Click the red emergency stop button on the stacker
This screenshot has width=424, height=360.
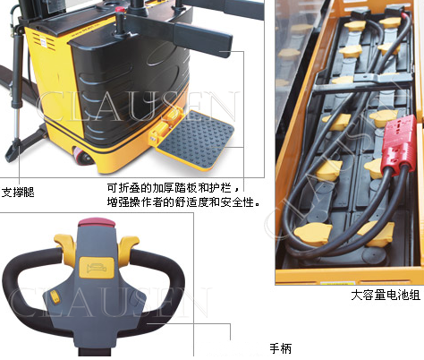(x=121, y=9)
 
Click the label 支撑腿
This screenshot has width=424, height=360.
(x=18, y=193)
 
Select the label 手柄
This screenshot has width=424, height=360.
(x=280, y=348)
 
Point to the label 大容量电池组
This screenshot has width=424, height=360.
(x=386, y=295)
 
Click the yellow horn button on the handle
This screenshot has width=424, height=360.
(x=97, y=268)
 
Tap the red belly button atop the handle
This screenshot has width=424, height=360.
(x=97, y=223)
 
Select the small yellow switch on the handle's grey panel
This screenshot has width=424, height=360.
(x=54, y=296)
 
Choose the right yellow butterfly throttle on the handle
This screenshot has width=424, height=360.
(x=128, y=246)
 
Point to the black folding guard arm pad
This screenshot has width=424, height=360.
(x=203, y=39)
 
